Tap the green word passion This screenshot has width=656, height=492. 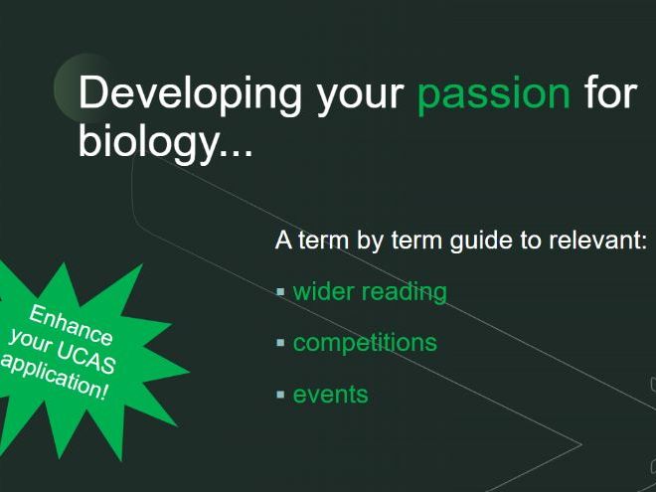point(494,95)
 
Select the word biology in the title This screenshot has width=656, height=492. point(147,141)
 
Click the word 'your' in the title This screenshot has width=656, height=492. point(360,98)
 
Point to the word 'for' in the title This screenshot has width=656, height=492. point(611,92)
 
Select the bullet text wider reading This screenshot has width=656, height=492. point(370,292)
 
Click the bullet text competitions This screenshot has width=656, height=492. point(365,343)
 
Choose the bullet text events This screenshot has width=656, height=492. point(331,395)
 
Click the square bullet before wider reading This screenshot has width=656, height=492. point(280,291)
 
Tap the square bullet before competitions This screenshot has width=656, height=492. point(280,343)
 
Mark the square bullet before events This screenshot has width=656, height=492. point(280,395)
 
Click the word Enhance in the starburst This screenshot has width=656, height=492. point(71,325)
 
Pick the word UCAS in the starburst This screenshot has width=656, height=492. point(86,359)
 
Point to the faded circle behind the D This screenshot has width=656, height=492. point(67,87)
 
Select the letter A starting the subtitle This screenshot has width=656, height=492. point(283,241)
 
